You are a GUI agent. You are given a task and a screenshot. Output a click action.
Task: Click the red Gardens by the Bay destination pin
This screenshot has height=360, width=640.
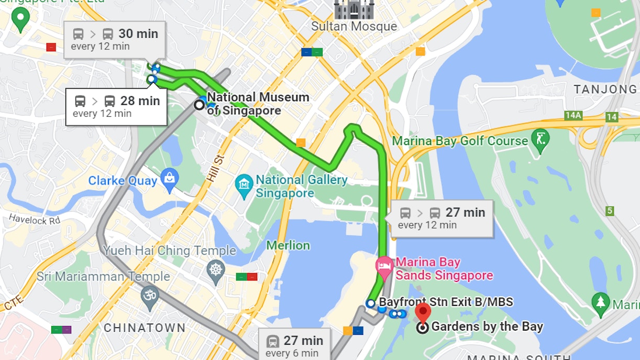coord(423,312)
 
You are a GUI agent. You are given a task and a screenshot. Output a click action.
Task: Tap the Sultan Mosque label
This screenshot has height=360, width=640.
coord(354,26)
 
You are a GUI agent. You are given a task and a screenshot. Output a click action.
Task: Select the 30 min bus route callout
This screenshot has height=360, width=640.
coord(115,39)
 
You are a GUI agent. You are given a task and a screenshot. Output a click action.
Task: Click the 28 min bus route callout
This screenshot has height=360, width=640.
coord(116,106)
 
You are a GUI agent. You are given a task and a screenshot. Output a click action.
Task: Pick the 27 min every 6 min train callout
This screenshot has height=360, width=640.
coord(295,345)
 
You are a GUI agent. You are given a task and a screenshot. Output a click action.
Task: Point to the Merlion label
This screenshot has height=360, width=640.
coord(288,245)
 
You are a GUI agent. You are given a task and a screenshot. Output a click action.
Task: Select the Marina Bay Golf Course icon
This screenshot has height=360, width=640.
coord(539,140)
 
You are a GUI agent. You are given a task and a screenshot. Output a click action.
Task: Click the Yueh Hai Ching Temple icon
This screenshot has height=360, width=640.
coord(215,270)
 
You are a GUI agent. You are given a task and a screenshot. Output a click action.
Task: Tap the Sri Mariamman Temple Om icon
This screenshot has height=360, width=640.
coord(150,296)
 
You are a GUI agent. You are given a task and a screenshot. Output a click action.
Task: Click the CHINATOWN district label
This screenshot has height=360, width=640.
coord(145,328)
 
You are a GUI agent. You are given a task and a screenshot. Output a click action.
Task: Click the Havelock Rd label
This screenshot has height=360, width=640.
coord(35,220)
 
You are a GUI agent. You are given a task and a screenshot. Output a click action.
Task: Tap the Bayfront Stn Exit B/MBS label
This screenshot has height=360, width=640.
coord(446,302)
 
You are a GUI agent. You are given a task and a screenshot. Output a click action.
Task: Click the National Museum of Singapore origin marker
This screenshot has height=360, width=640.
coord(200,104)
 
